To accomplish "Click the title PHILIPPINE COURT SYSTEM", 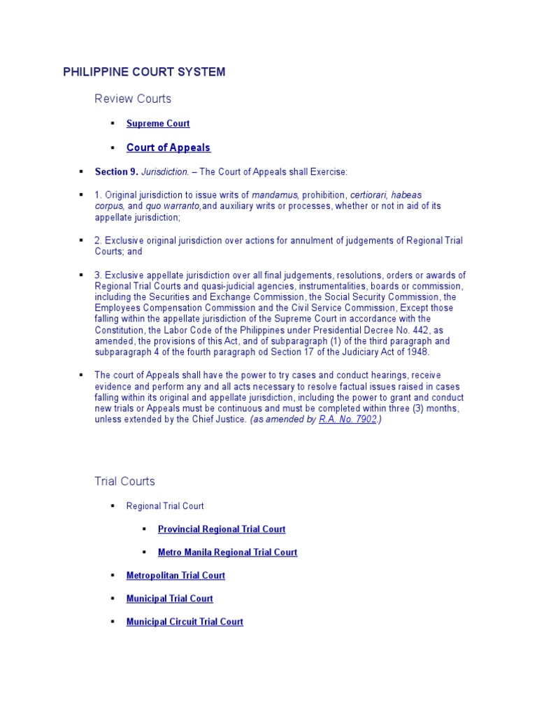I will pos(144,72).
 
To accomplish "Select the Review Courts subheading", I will pos(133,99).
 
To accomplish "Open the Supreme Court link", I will pos(158,124).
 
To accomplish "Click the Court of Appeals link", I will pos(168,148).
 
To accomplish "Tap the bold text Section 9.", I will pos(116,172).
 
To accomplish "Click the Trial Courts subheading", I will pos(124,481).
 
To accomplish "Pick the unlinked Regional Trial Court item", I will pos(165,506).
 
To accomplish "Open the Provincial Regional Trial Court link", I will pos(222,529).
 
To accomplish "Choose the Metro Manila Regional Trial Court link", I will pos(227,552).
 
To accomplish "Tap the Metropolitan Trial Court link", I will pos(176,575).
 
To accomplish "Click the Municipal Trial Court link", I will pos(169,599).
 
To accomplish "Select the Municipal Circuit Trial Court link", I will pos(185,622).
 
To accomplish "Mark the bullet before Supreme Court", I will pos(112,124).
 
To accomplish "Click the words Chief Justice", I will pos(218,420).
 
